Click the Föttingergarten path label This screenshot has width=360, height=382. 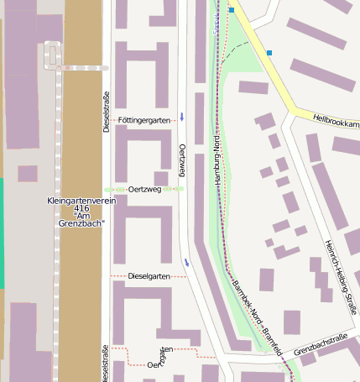(x=144, y=121)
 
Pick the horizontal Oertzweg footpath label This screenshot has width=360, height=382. (x=144, y=190)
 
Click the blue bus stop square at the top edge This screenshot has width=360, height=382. (x=232, y=10)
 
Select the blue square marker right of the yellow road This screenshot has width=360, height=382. (x=269, y=53)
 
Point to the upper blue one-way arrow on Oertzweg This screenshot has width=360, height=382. (x=182, y=115)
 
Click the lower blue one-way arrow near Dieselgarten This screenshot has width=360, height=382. (x=186, y=263)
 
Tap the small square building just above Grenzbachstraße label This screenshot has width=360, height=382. (x=292, y=322)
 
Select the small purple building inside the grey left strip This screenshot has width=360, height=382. (x=28, y=174)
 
